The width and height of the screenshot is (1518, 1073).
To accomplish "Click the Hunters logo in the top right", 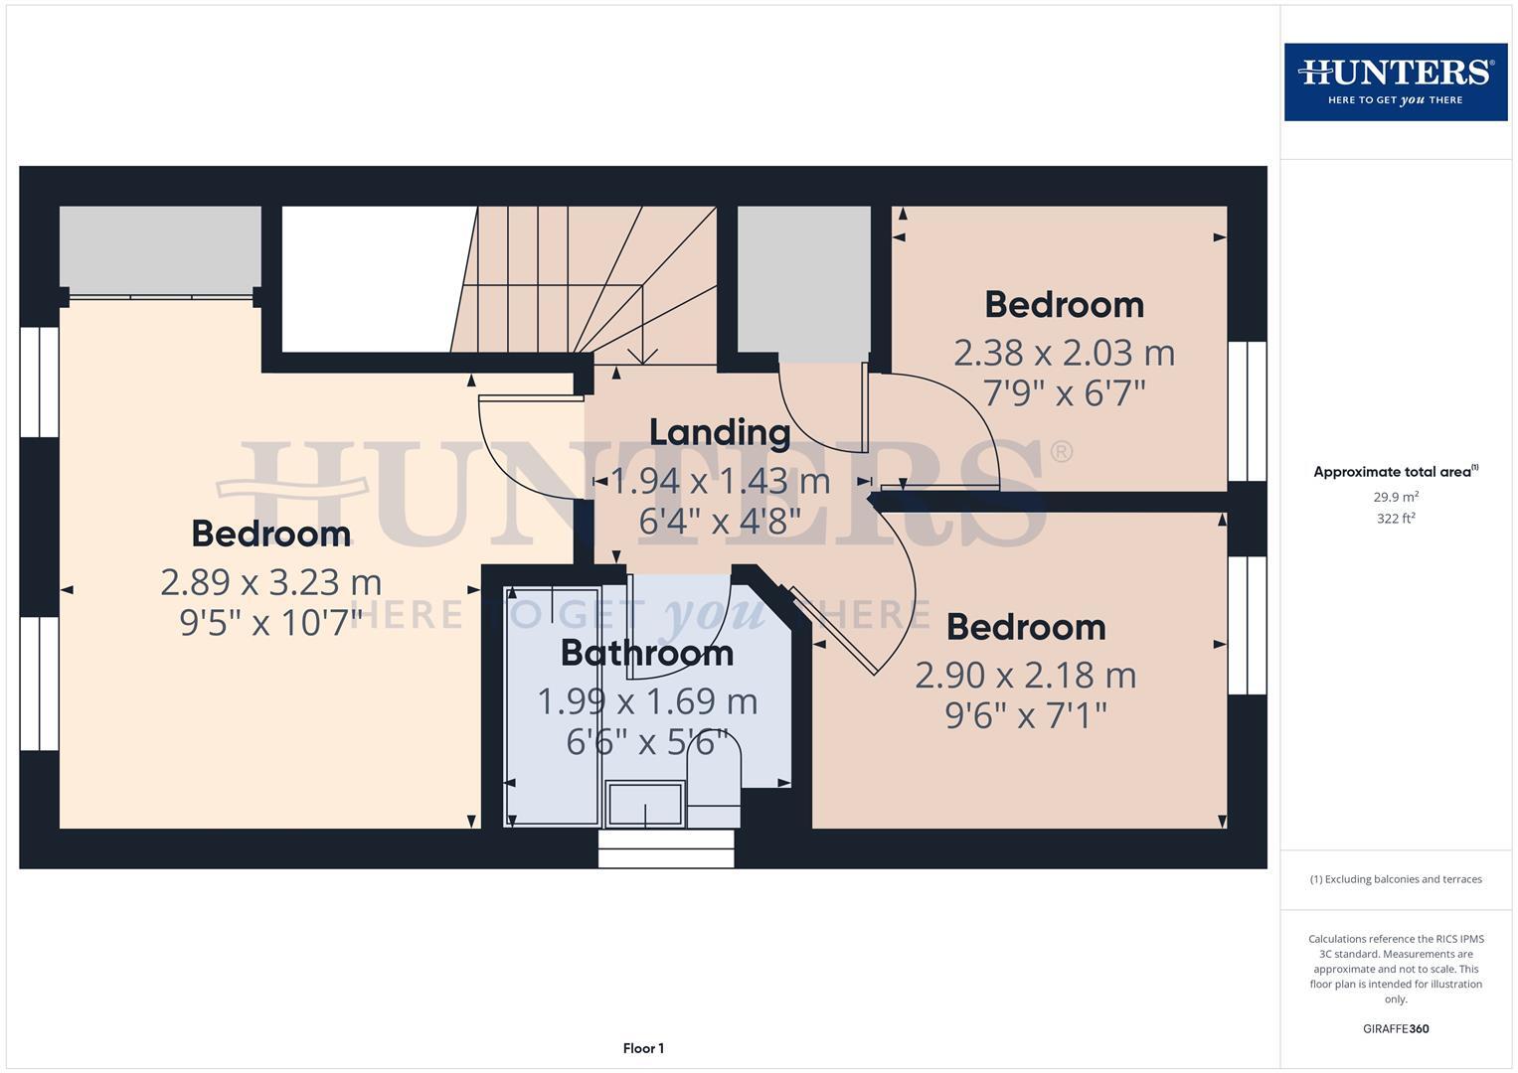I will coord(1395,81).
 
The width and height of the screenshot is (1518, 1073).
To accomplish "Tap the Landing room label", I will coord(720,432).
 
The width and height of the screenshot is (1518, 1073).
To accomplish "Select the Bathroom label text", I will coord(647,653).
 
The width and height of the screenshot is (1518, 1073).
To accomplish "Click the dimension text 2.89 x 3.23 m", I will coord(270,581).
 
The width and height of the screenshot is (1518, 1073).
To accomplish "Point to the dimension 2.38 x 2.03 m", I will coord(1064,353).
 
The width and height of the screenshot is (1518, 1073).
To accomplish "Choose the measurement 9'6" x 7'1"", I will coord(1025,715).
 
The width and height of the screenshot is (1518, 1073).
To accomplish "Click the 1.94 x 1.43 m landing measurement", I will coord(720,481).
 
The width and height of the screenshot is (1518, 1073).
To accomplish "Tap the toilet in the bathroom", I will coord(714,790).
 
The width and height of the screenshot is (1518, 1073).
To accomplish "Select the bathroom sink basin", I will coord(645,804).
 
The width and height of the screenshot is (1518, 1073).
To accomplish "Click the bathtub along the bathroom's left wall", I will coord(552,705).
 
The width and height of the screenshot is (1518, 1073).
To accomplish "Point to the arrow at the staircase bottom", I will coord(643,353).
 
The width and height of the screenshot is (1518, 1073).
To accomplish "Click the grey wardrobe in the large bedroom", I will coord(160,248).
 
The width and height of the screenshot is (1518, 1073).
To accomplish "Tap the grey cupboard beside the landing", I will coord(803,283).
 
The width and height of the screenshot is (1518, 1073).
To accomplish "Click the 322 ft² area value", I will coord(1396,518).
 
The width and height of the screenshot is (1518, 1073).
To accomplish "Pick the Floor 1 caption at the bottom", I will coord(643,1048).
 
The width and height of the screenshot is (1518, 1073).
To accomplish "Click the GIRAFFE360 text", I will coord(1396,1028).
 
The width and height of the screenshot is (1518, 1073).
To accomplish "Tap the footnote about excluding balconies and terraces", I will coord(1396,879).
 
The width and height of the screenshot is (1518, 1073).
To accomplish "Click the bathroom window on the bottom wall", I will coord(666,849).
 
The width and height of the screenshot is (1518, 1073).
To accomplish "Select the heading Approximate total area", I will coord(1396,472).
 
